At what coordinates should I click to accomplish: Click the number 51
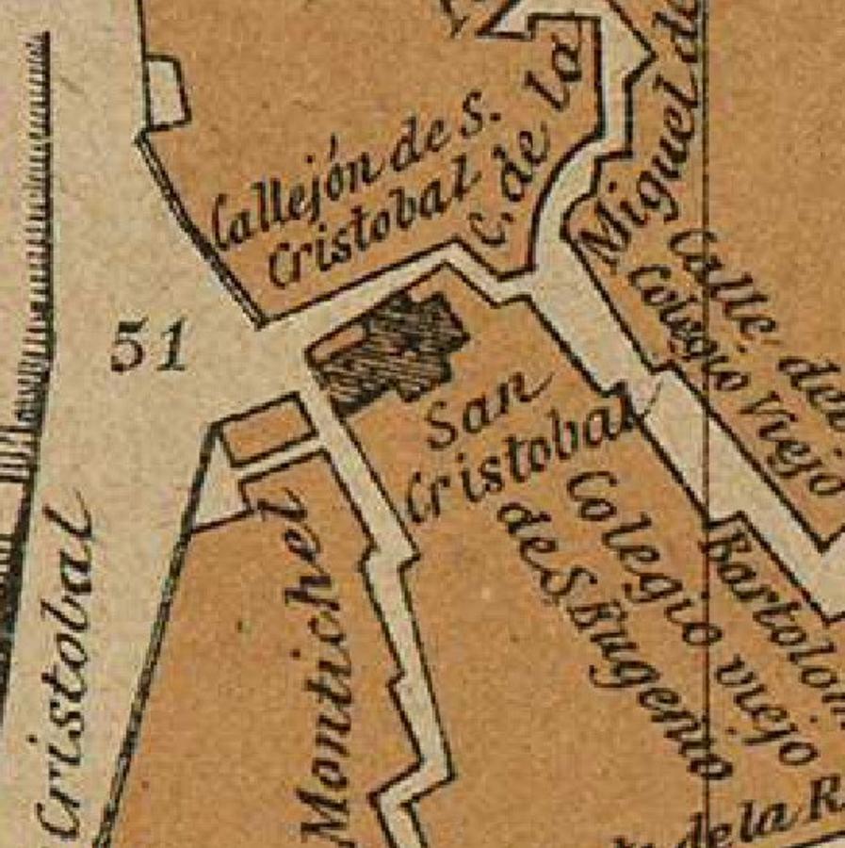tap(148, 349)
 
